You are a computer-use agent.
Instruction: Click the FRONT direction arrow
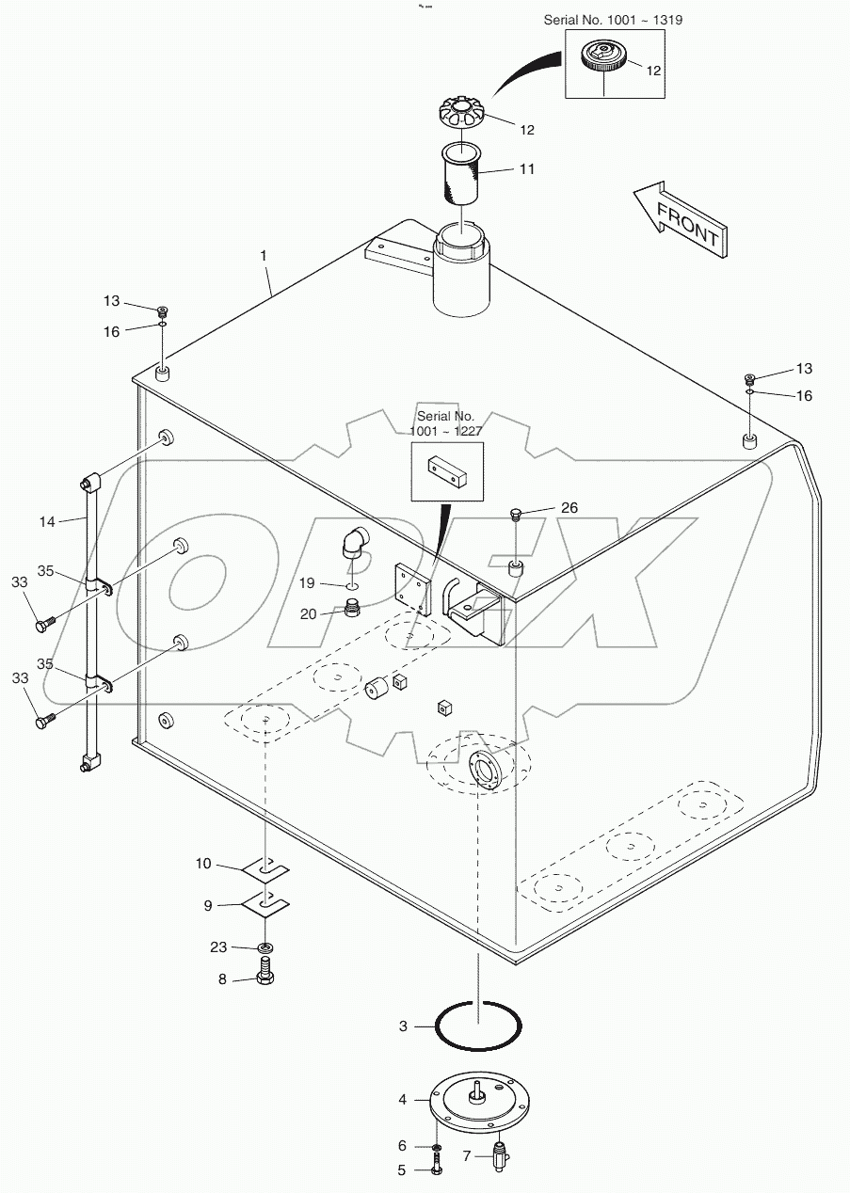(x=680, y=219)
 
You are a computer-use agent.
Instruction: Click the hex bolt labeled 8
(x=266, y=975)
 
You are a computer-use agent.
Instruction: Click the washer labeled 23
(x=266, y=946)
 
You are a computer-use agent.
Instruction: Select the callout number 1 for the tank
(x=265, y=255)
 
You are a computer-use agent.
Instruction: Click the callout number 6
(x=402, y=1145)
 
